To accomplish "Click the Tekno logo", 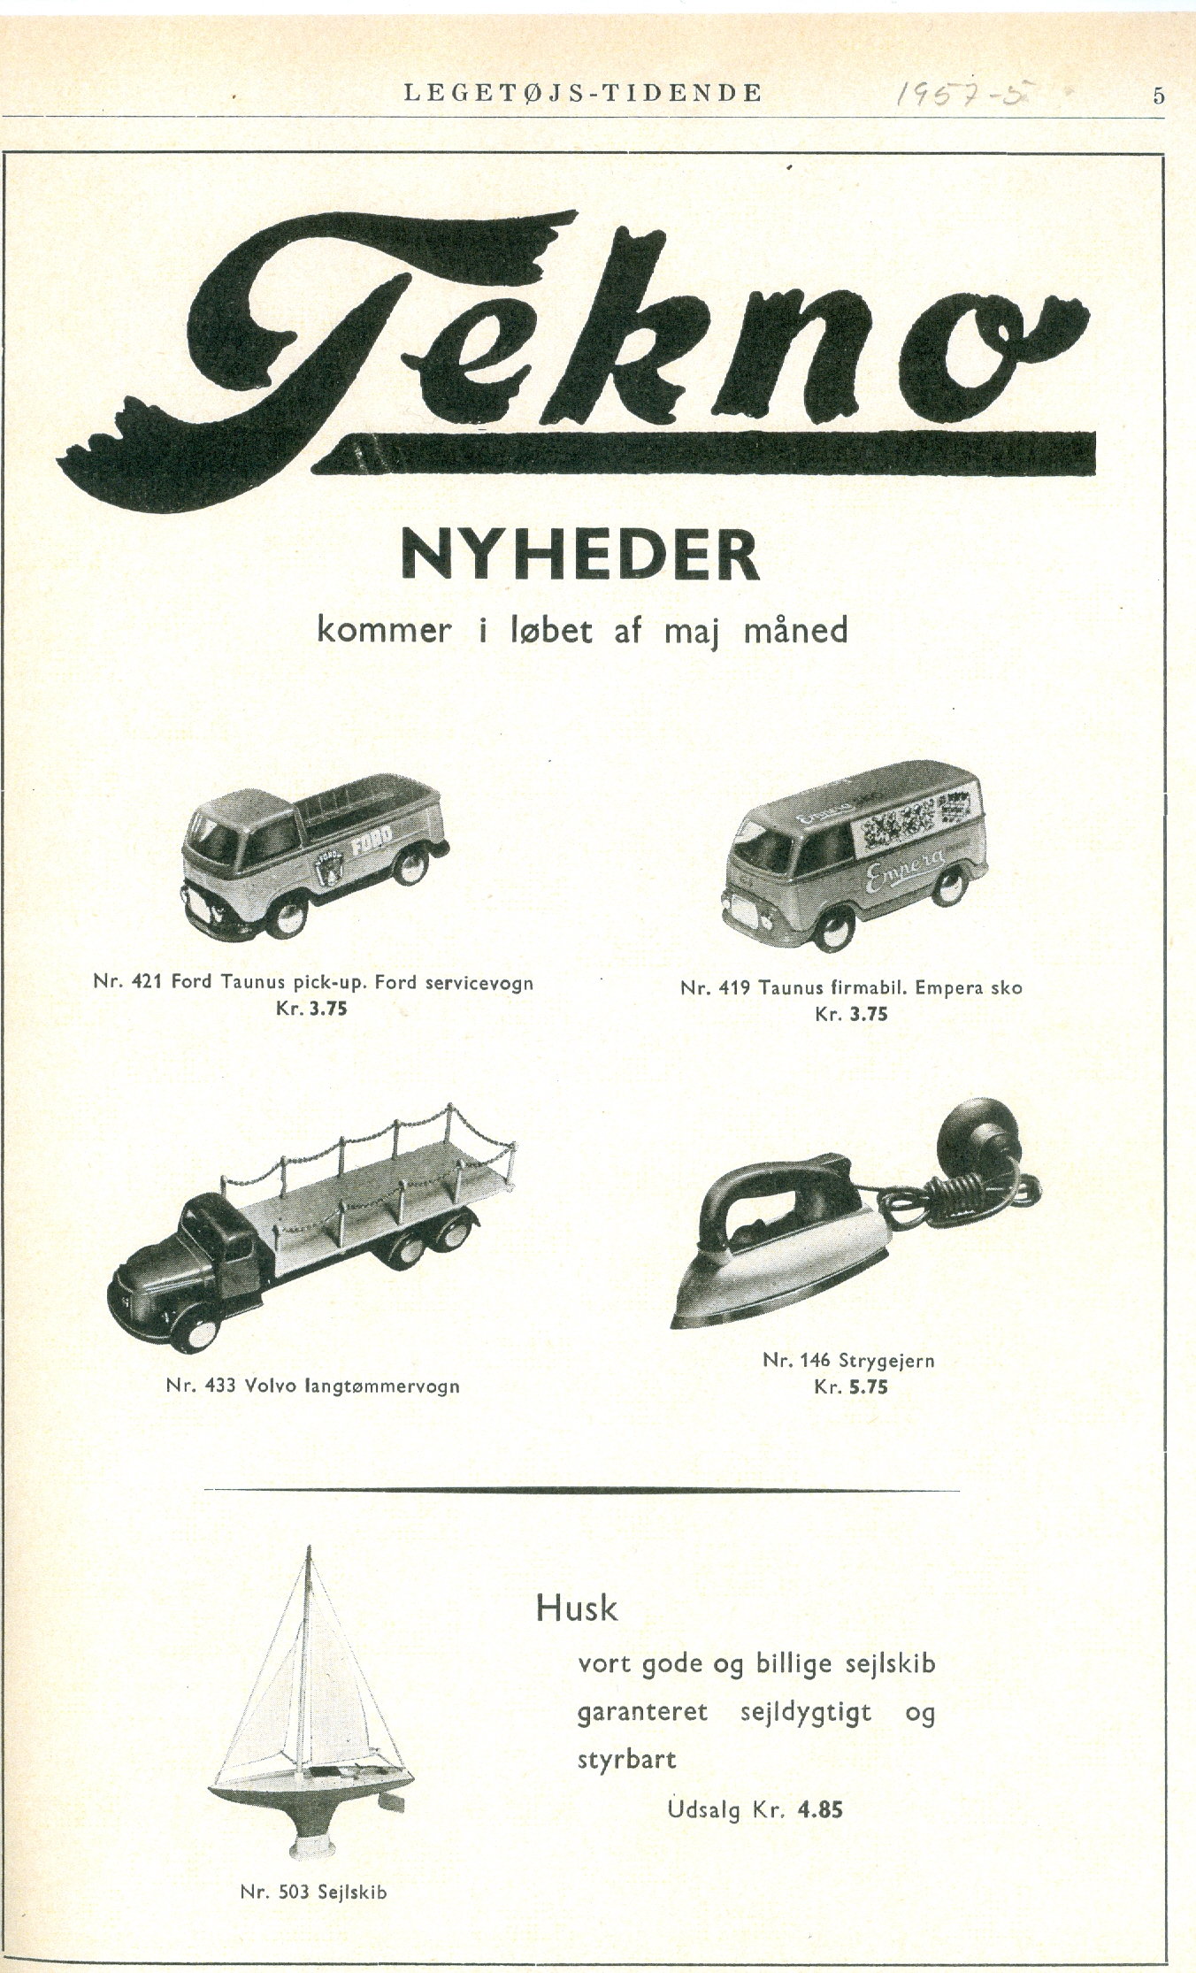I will click(x=575, y=354).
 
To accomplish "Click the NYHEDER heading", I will click(x=580, y=556).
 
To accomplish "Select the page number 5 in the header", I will click(x=1158, y=96).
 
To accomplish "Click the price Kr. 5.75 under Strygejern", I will click(x=850, y=1387).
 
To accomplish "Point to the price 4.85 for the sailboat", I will click(x=820, y=1809).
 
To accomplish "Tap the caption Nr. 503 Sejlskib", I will click(x=313, y=1892).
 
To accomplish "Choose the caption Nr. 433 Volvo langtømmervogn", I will click(x=312, y=1386).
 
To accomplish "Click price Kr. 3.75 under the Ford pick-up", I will click(x=311, y=1008).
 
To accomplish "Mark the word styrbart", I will click(x=626, y=1760).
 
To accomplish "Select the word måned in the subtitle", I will click(x=796, y=631).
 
